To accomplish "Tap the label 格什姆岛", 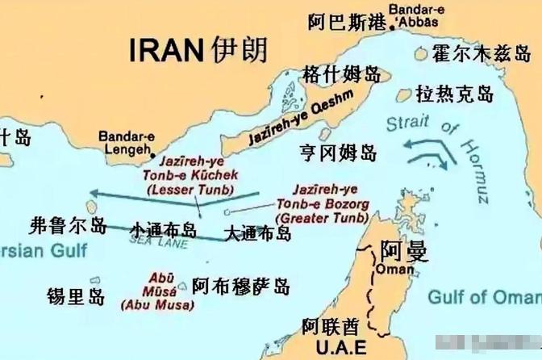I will [x=340, y=75].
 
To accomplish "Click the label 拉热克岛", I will [x=454, y=94].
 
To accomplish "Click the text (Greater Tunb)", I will [x=321, y=218].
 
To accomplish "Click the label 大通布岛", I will [x=257, y=234].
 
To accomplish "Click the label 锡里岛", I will [x=75, y=295].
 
